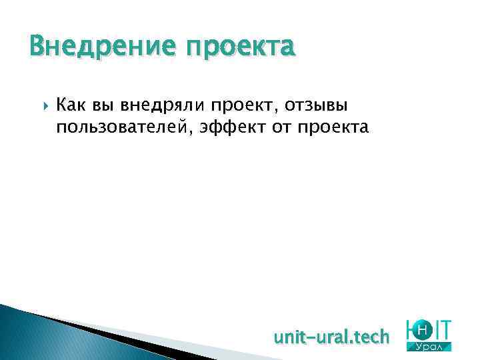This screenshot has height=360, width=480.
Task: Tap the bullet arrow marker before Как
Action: click(x=43, y=105)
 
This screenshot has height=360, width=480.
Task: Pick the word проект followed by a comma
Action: click(x=242, y=105)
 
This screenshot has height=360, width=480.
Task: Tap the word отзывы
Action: click(x=314, y=105)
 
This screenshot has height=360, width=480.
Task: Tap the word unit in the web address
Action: click(x=289, y=337)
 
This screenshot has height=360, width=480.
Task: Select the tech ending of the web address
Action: click(x=371, y=337)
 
